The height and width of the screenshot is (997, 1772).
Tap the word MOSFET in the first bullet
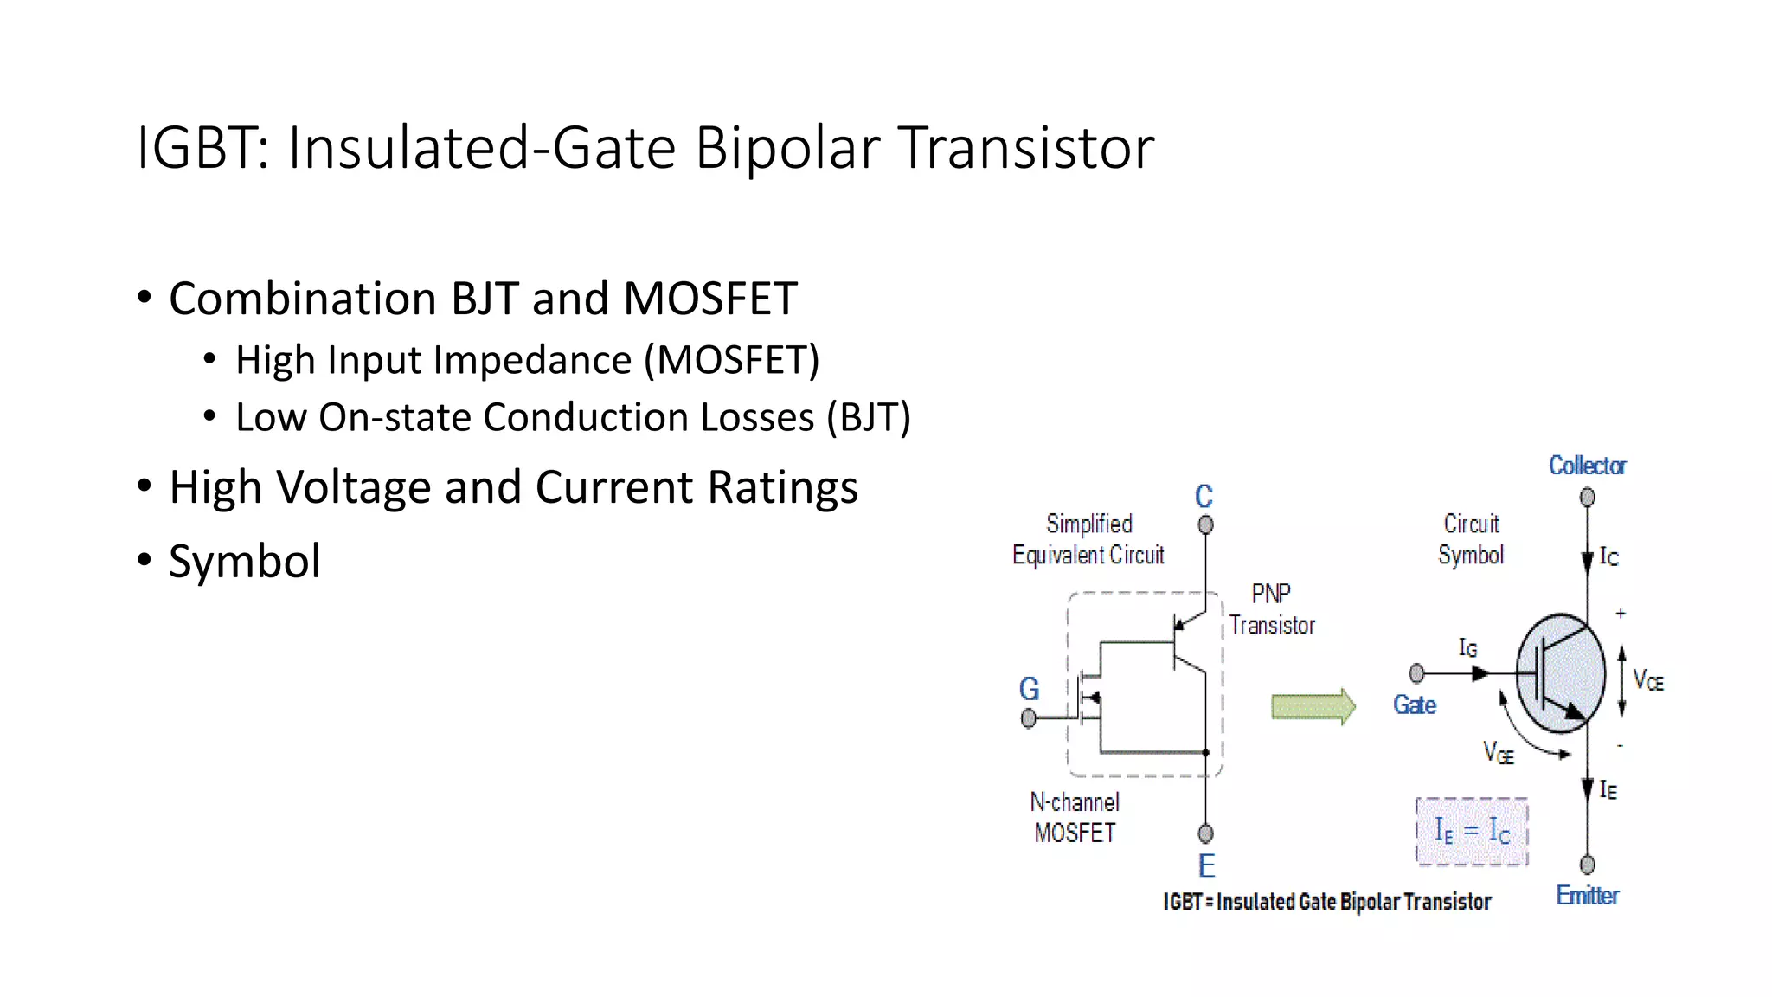coord(709,299)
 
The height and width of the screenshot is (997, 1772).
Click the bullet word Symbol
coord(244,562)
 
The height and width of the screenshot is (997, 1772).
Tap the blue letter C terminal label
coord(1204,497)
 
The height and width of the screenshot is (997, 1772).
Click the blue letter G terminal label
coord(1029,690)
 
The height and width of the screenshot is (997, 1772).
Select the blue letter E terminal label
coord(1206,865)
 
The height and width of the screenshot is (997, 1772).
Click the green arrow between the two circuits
coord(1313,707)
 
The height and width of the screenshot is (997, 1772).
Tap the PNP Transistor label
coord(1272,609)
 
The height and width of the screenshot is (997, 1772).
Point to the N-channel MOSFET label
coord(1075,817)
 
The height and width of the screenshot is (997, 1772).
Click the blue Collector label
coord(1587,466)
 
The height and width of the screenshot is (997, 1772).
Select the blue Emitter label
coord(1587,896)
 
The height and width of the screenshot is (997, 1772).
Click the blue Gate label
coord(1415,705)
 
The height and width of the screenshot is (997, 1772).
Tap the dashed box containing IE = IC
coord(1472,832)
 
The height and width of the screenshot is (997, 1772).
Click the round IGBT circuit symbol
coord(1561,673)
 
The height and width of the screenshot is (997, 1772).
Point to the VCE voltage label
coord(1647,681)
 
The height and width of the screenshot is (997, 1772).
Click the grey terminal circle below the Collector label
coord(1587,498)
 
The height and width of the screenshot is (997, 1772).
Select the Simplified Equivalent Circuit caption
coord(1088,539)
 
